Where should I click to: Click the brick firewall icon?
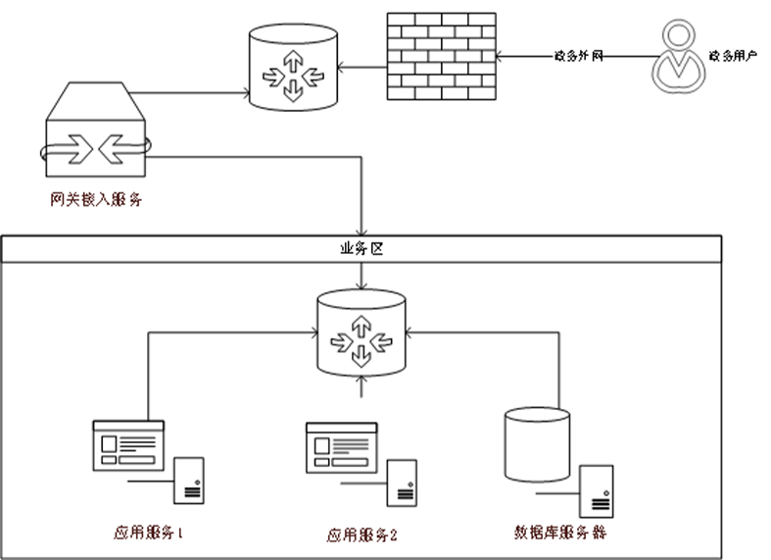coord(441,57)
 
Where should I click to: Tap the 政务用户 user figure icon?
coord(677,57)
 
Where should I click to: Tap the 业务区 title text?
coord(361,249)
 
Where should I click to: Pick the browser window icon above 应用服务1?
coord(128,442)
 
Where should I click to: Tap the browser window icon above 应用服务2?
coord(341,446)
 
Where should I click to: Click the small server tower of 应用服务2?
coord(402,483)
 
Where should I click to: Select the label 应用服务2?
coord(362,535)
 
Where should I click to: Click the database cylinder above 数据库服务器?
coord(536,444)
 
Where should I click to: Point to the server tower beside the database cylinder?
coord(596,490)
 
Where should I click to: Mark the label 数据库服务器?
coord(561,534)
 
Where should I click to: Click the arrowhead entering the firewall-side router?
coord(342,68)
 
